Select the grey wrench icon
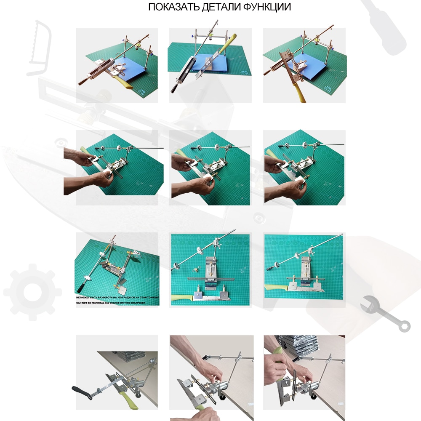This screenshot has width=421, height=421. [386, 314]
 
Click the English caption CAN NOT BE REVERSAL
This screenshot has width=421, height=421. [117, 302]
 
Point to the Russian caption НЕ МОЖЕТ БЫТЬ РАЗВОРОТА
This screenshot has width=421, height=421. [117, 297]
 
